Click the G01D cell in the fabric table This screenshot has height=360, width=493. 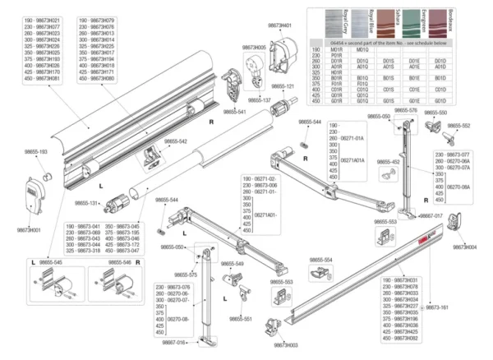[x=440, y=101]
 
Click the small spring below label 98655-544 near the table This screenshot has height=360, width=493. [x=303, y=137]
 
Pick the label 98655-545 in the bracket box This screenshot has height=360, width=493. [x=53, y=262]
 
